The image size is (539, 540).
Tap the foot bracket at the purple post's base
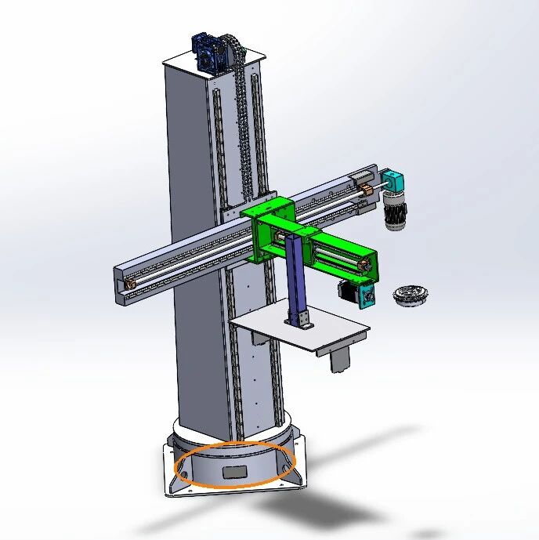tap(300, 320)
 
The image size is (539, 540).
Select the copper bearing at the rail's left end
tap(128, 281)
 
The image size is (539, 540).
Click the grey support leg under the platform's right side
tap(339, 359)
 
